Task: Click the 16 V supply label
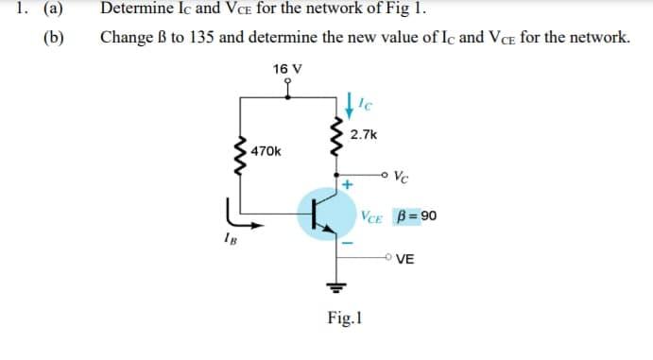287,68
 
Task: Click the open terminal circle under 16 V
287,82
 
